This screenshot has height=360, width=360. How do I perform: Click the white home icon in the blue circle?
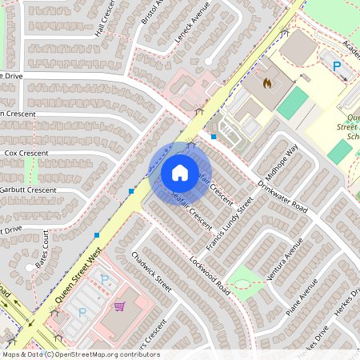click(180, 172)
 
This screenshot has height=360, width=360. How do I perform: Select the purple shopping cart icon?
click(119, 306)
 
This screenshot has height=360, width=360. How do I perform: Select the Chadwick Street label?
click(151, 271)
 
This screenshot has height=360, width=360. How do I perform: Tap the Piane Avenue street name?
click(302, 298)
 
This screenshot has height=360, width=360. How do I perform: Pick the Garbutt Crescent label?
click(28, 190)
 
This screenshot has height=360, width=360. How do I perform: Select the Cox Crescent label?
click(26, 153)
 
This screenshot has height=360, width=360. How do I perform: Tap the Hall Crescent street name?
click(105, 18)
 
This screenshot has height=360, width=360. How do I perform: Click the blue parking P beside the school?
click(337, 66)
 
